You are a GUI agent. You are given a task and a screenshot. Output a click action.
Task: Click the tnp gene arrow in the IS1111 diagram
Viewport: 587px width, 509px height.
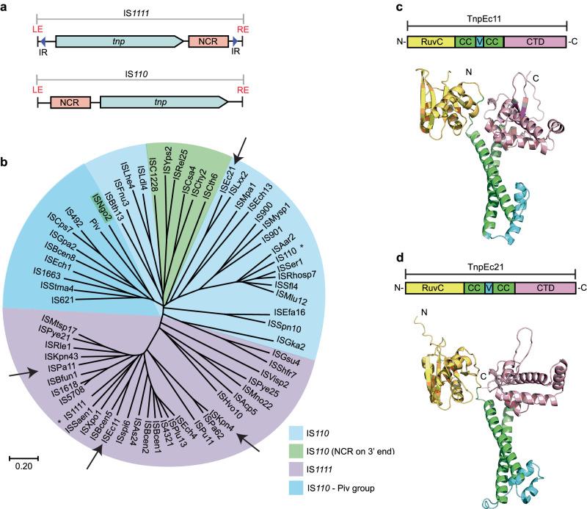[x=117, y=43]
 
